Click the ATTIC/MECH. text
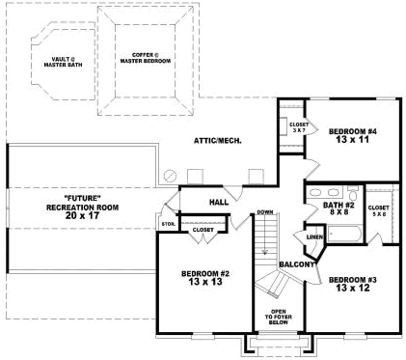[217, 140]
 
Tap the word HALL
[218, 202]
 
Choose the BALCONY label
[297, 263]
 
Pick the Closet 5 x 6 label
[378, 211]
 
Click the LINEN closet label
[314, 235]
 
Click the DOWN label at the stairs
[265, 212]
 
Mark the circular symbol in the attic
[171, 176]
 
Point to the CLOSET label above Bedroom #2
[203, 230]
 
